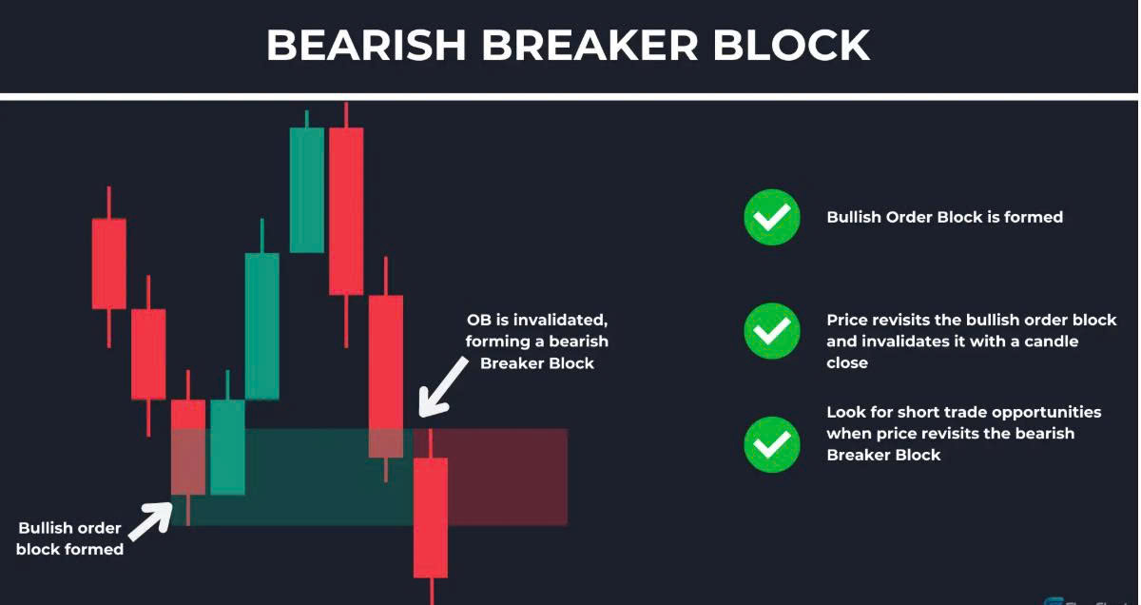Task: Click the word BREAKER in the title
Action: [x=590, y=46]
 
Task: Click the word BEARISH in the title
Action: [x=366, y=46]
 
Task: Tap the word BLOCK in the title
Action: [x=791, y=46]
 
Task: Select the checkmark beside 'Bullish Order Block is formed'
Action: [x=772, y=218]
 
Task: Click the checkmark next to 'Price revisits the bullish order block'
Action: [x=772, y=331]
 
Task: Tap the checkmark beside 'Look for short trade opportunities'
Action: [x=772, y=444]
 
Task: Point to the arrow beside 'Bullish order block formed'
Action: [x=151, y=521]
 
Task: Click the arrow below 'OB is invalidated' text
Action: [x=441, y=387]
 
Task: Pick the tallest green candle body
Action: [x=306, y=190]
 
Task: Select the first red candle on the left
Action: [x=109, y=263]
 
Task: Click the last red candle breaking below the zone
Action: [x=431, y=517]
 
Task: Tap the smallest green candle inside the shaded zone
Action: [x=227, y=447]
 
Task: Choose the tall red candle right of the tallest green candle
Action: [x=346, y=211]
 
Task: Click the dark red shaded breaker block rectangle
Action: [x=491, y=477]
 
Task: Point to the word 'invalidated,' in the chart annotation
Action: [x=565, y=320]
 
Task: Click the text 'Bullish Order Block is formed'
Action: [x=945, y=217]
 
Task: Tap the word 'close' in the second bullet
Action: [x=847, y=362]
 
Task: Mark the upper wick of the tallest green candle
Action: [x=306, y=119]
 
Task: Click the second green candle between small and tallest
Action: [x=261, y=326]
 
